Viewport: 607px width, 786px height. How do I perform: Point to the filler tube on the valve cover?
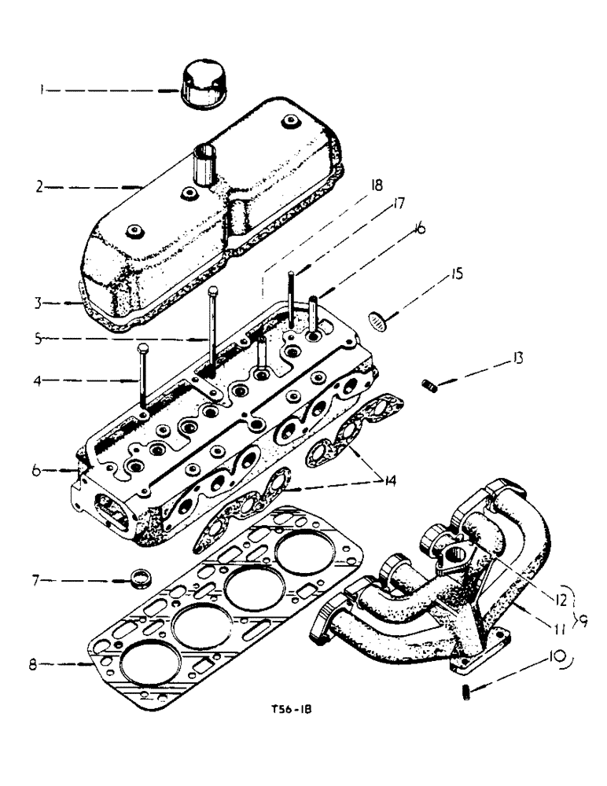coord(207,161)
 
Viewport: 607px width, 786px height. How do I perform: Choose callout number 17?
coord(399,204)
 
